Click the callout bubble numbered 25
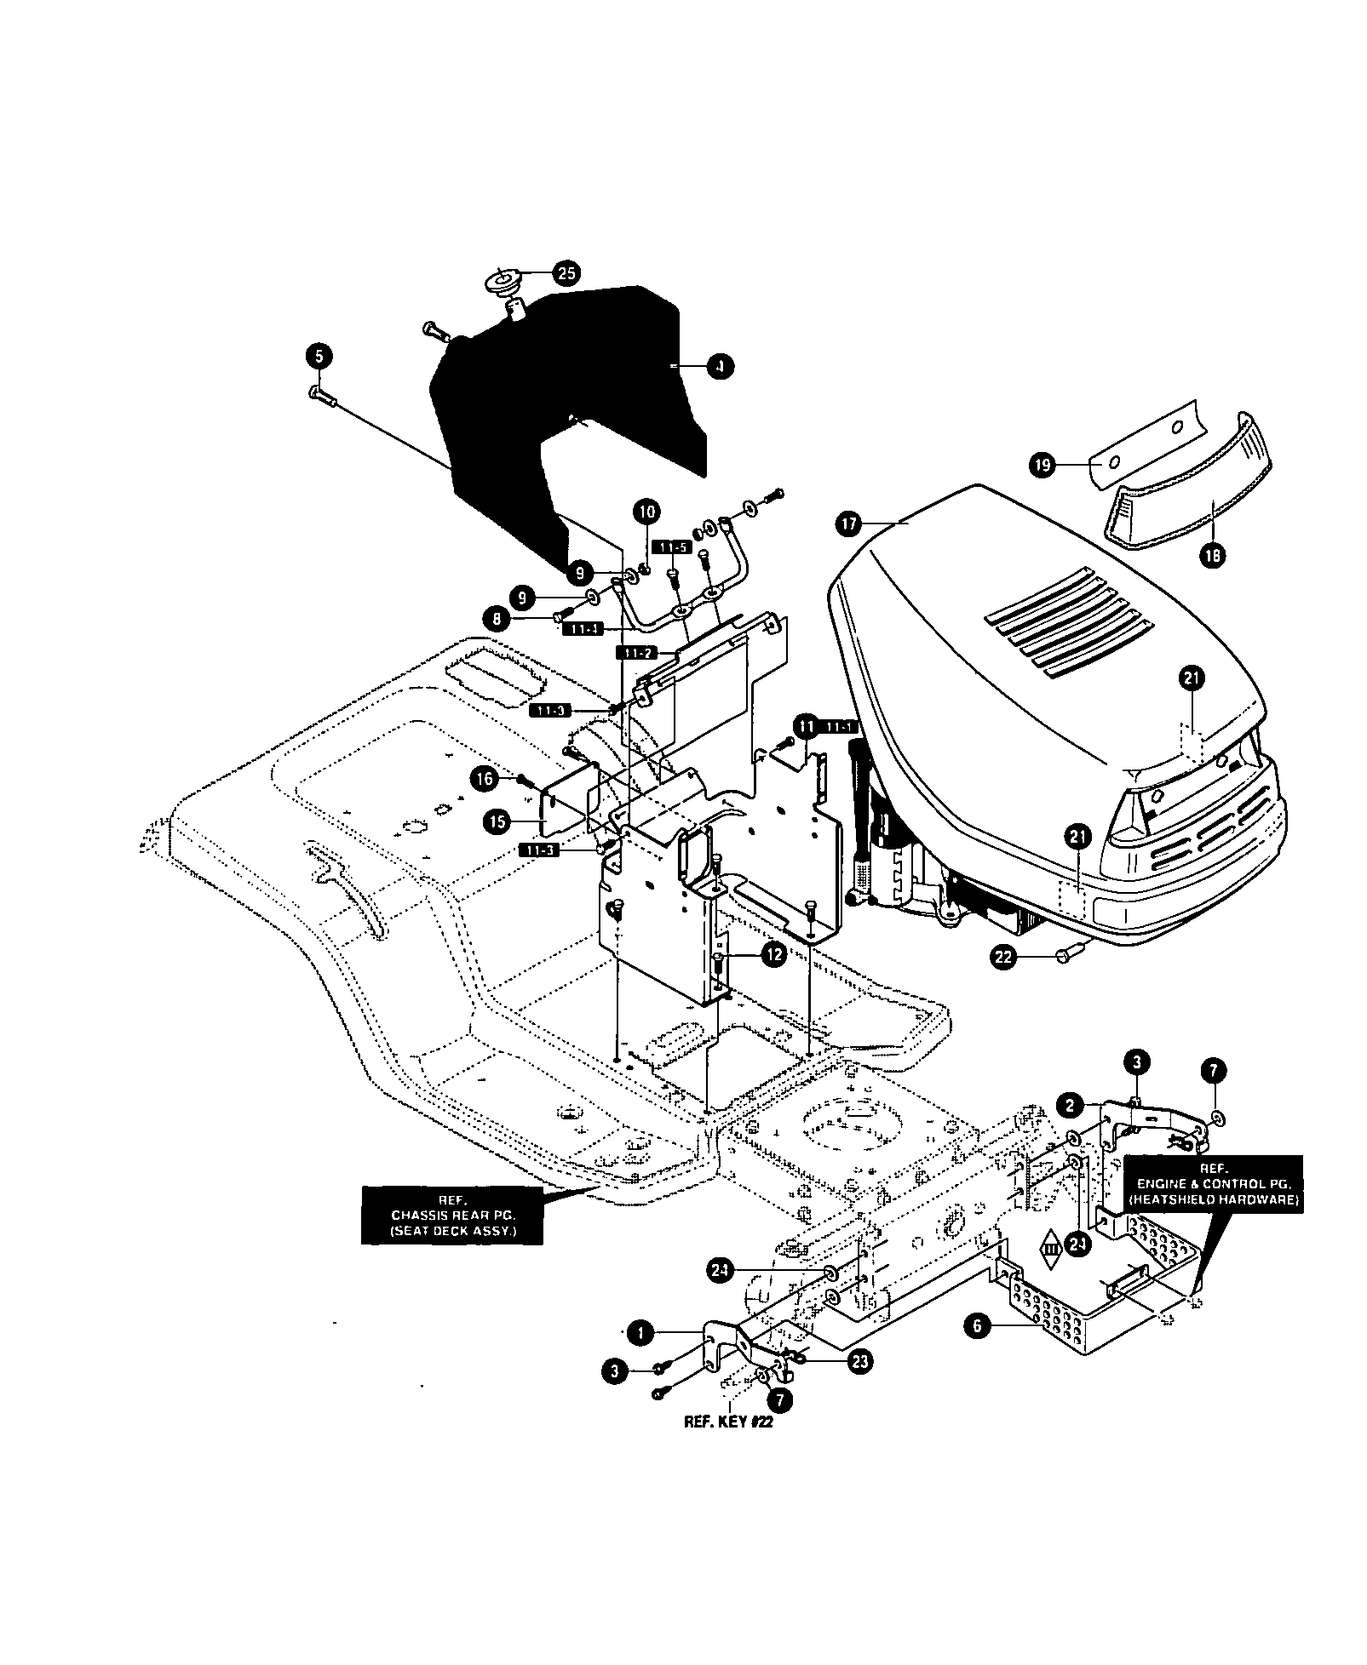pyautogui.click(x=566, y=273)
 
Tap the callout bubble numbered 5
pyautogui.click(x=319, y=357)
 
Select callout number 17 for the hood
pyautogui.click(x=850, y=524)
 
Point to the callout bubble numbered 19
pyautogui.click(x=1042, y=465)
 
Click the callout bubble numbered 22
pyautogui.click(x=1003, y=957)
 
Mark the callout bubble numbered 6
pyautogui.click(x=977, y=1325)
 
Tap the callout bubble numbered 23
pyautogui.click(x=860, y=1361)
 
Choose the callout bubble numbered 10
pyautogui.click(x=646, y=512)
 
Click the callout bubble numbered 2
pyautogui.click(x=1070, y=1106)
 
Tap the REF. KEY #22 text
pyautogui.click(x=728, y=1422)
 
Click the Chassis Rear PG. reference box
pyautogui.click(x=451, y=1215)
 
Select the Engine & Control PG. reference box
pyautogui.click(x=1213, y=1183)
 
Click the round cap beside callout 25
pyautogui.click(x=508, y=282)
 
